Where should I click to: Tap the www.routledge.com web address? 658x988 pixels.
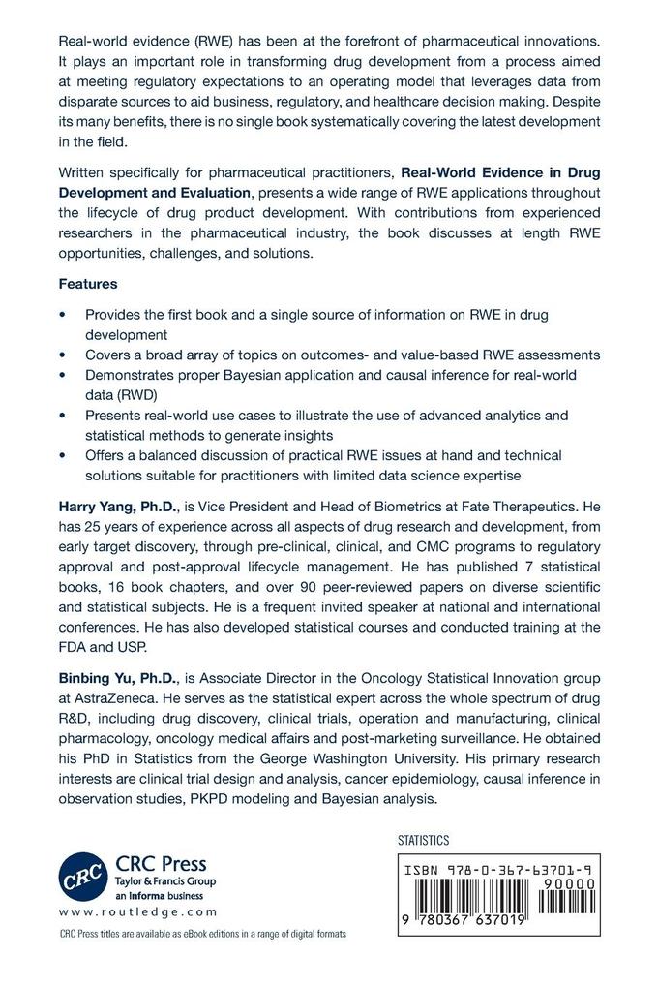[x=136, y=912]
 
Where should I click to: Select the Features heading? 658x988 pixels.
[x=89, y=286]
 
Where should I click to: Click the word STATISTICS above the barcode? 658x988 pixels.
[x=424, y=841]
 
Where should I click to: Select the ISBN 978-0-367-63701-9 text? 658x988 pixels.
[x=494, y=872]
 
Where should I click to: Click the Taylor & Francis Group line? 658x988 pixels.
[x=167, y=881]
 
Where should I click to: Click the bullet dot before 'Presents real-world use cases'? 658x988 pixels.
[x=64, y=416]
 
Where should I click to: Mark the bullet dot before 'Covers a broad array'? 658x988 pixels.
[x=64, y=354]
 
